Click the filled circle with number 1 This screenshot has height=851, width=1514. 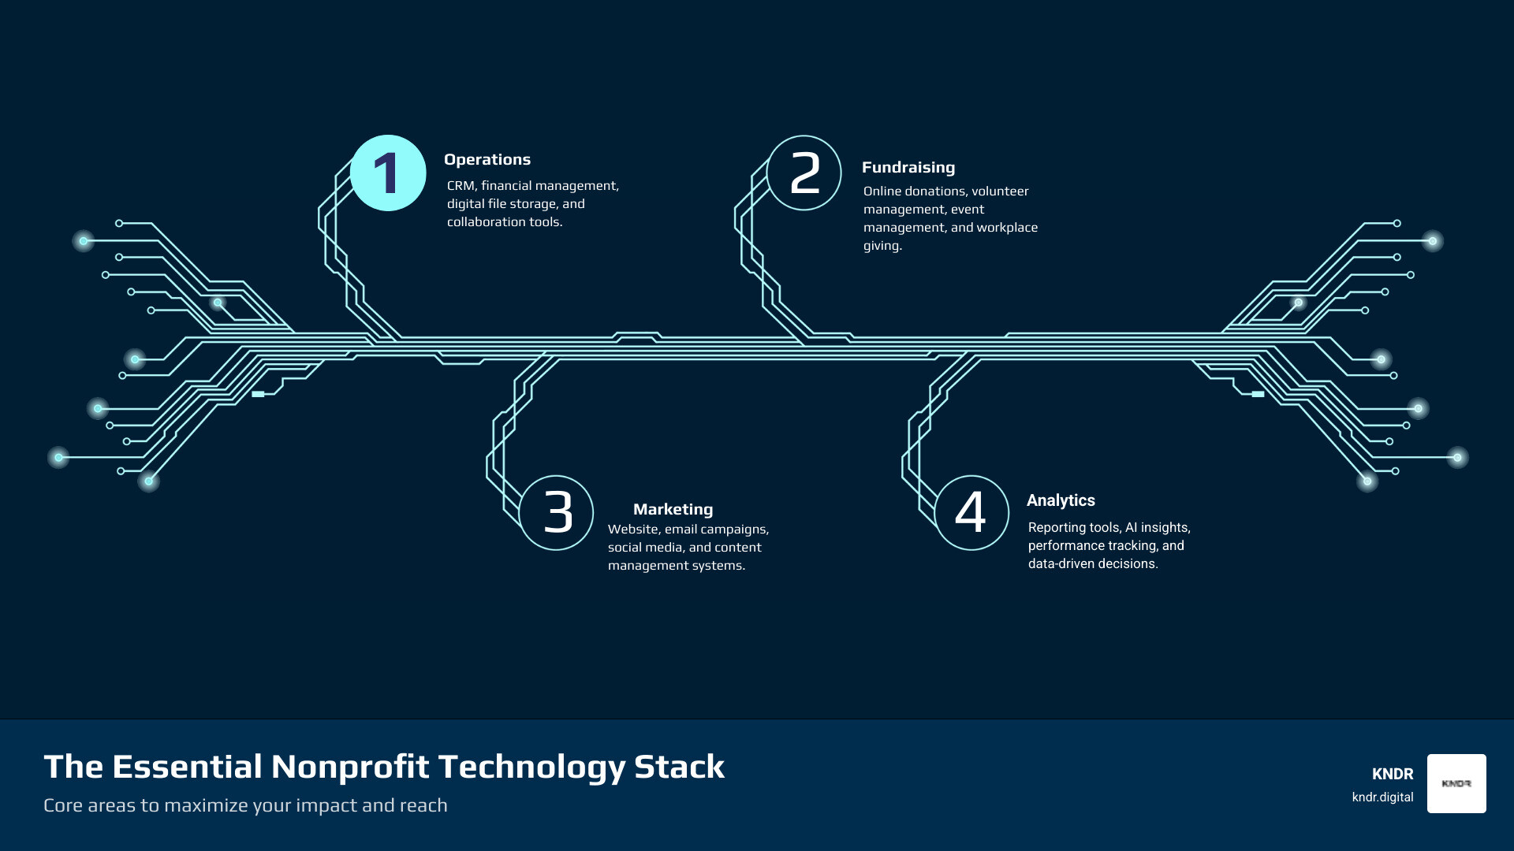pos(388,173)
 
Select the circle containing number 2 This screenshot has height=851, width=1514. pos(804,173)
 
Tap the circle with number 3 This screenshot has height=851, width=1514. pos(557,512)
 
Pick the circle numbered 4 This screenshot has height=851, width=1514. pos(971,512)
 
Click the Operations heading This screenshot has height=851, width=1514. pos(487,159)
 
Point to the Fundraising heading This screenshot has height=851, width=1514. pos(908,167)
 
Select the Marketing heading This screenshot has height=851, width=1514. pos(673,509)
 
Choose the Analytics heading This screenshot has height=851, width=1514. pos(1061,500)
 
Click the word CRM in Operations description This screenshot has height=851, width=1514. pos(461,186)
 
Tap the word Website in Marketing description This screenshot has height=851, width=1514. pos(632,530)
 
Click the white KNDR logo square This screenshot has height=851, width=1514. pos(1456,783)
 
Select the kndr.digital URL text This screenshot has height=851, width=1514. pos(1382,797)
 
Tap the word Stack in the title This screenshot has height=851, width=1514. pos(679,767)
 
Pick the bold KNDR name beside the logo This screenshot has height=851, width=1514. pos(1393,774)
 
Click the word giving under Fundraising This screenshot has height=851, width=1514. pos(882,246)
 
